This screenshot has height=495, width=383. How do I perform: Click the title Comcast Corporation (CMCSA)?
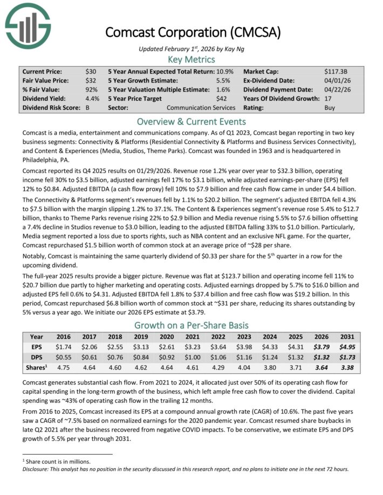[193, 32]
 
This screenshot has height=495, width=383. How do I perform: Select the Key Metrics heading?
[191, 59]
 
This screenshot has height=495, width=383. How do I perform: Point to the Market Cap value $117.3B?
[336, 71]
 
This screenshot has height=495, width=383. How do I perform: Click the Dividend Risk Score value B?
[88, 108]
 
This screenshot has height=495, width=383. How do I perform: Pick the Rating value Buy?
[330, 108]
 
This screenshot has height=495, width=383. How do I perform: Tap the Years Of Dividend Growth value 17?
[328, 99]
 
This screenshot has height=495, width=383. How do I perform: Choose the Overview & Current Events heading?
[191, 121]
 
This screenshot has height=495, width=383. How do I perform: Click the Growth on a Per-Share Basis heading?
[191, 325]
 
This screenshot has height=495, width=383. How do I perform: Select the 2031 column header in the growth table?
[347, 337]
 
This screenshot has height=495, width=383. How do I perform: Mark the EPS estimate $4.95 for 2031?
[347, 347]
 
